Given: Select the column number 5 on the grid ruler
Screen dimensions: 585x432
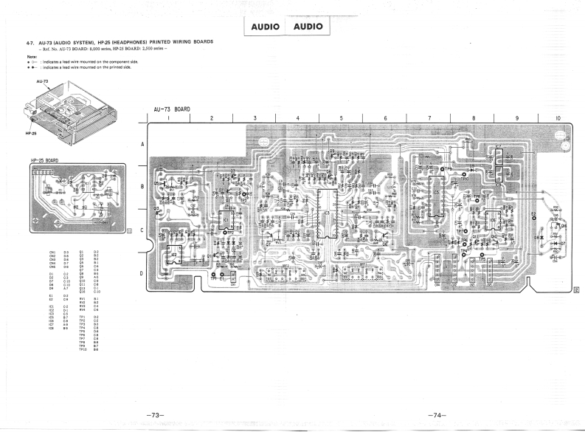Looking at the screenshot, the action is click(x=341, y=117).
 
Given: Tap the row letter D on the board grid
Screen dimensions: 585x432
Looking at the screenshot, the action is click(x=142, y=274).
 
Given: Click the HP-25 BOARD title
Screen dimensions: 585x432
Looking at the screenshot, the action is click(x=45, y=160).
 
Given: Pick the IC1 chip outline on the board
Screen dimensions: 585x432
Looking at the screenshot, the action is click(x=225, y=220).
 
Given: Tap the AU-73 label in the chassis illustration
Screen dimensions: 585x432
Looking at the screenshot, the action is click(x=42, y=80).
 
